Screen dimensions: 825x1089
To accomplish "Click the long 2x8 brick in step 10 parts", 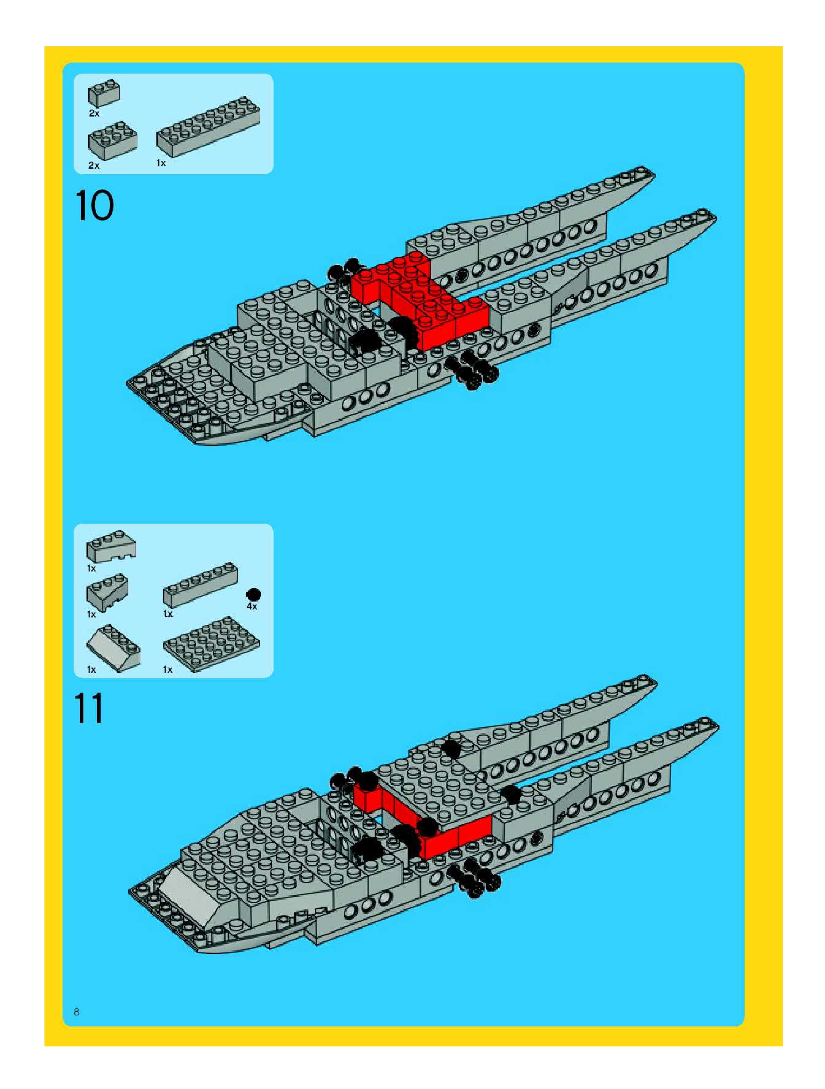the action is (208, 127).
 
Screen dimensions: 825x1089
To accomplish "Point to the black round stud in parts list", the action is (253, 594).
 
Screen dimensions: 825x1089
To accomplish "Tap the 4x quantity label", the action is (252, 606).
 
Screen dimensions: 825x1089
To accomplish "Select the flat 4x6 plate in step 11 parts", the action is (211, 641).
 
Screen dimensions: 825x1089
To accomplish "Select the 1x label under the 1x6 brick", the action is (168, 614).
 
